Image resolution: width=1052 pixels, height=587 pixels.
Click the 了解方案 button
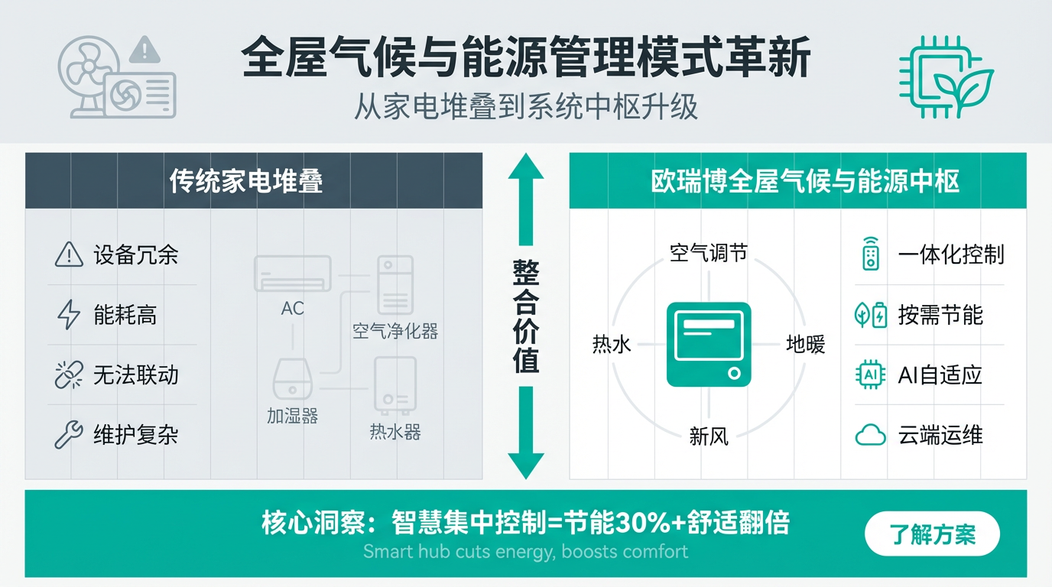tap(932, 533)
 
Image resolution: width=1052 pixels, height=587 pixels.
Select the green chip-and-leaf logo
tap(945, 76)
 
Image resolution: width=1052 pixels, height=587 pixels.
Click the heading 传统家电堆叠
tap(246, 181)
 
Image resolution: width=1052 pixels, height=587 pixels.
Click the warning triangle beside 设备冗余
tap(69, 255)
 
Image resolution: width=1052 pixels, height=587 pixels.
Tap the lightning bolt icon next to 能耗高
tap(69, 315)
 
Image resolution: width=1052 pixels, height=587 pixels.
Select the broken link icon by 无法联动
tap(69, 375)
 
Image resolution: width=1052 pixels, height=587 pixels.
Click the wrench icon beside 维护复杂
tap(69, 435)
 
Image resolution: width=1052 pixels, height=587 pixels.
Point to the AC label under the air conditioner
tap(292, 308)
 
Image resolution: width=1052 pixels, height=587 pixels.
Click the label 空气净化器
tap(395, 331)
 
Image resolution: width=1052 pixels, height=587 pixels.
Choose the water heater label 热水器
tap(395, 432)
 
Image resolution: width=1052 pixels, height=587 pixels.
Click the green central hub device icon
tap(709, 344)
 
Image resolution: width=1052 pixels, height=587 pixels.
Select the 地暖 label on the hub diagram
tap(806, 345)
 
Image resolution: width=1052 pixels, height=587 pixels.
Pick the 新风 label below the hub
tap(709, 436)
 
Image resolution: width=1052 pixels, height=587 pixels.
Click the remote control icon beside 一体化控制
tap(870, 255)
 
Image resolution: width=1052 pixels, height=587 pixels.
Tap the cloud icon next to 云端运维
tap(870, 436)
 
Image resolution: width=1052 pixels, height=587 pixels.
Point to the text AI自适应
tap(940, 375)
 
